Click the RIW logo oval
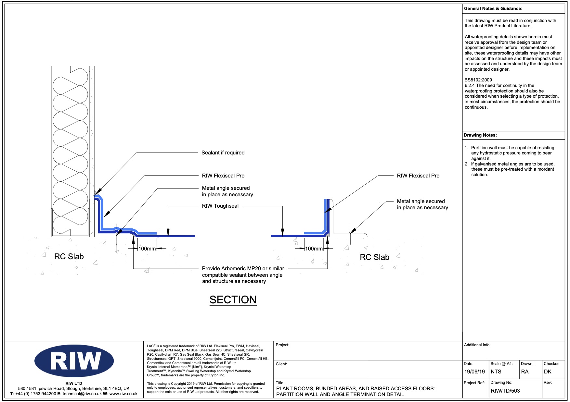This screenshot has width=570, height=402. (74, 361)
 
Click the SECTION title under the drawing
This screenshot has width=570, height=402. (233, 300)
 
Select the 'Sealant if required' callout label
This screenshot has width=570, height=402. (223, 152)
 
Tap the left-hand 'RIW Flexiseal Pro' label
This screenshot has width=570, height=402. (223, 176)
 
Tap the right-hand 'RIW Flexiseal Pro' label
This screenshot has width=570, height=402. (418, 176)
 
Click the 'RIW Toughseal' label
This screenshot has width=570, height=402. (220, 206)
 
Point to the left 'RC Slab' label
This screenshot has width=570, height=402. (69, 257)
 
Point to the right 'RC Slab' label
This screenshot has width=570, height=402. (374, 257)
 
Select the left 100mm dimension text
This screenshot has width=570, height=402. (147, 249)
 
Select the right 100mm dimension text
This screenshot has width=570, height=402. (314, 249)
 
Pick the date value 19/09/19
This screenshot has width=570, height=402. (474, 372)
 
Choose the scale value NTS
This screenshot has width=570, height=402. (496, 372)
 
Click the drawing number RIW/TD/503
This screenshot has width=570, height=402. (505, 391)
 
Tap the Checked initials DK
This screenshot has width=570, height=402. (548, 372)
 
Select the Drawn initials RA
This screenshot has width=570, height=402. (525, 372)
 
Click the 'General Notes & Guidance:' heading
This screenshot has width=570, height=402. (493, 8)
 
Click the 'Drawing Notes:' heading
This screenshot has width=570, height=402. (480, 135)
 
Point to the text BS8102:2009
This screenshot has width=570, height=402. (478, 80)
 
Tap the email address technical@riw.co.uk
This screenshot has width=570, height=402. (82, 394)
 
